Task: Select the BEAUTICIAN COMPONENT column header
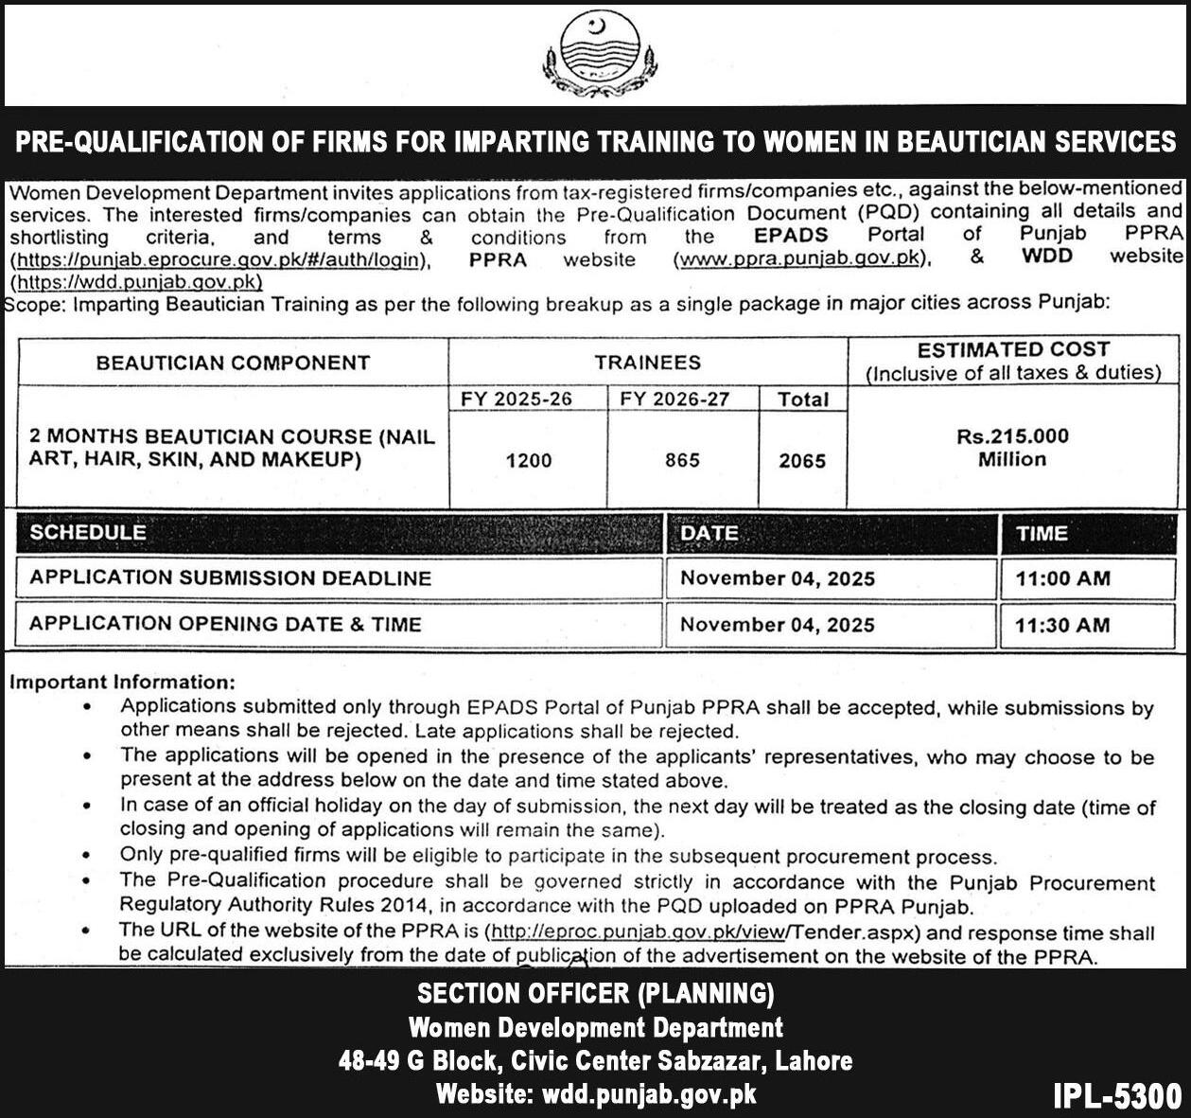coord(233,363)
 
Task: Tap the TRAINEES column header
coord(648,363)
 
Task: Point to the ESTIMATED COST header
coord(1013,349)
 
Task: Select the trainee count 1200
coord(529,460)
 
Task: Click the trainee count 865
coord(682,460)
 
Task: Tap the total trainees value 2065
coord(802,461)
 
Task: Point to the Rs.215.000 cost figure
coord(1012,436)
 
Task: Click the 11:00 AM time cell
coord(1062,578)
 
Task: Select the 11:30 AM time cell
coord(1062,625)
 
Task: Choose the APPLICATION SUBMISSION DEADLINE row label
coord(230,578)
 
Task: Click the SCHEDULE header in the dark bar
coord(88,532)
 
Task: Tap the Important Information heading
coord(122,682)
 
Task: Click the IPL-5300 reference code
coord(1117,1095)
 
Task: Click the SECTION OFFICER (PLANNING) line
coord(596,993)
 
